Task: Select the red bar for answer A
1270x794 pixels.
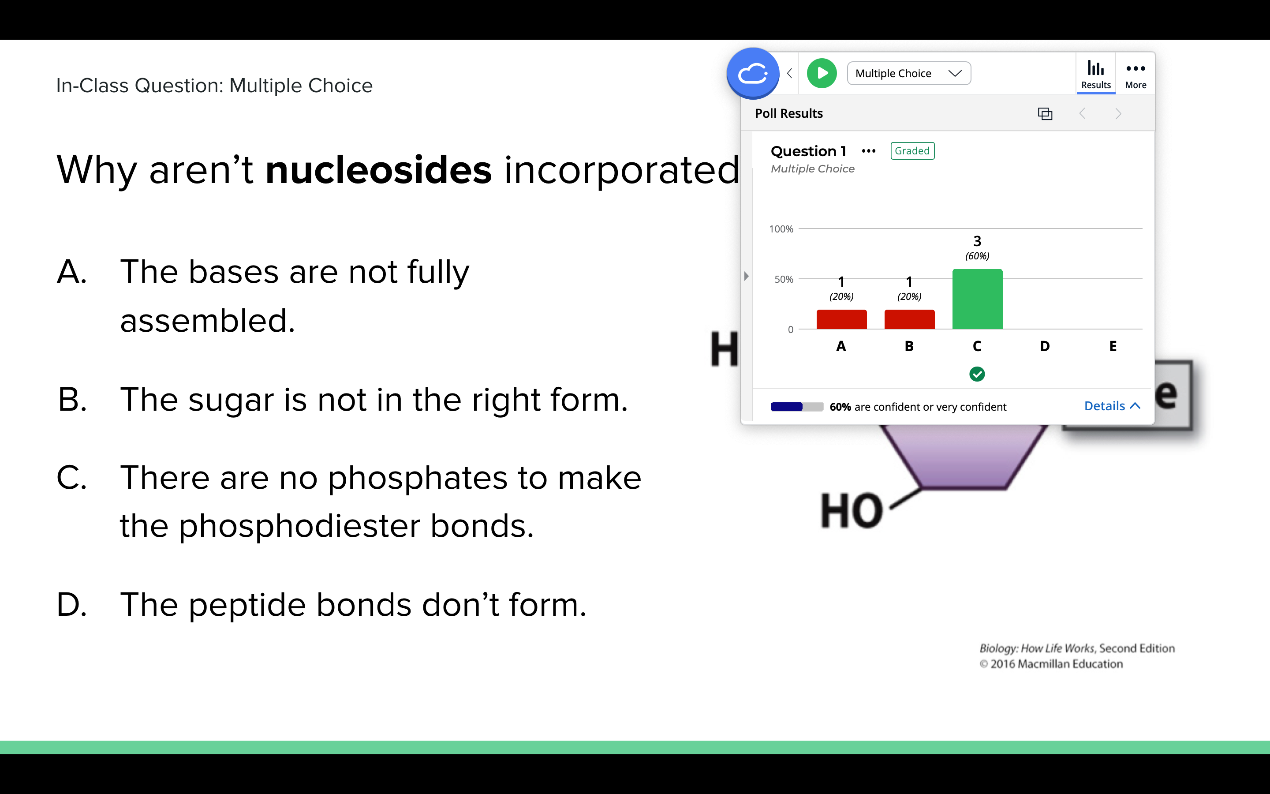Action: (x=841, y=319)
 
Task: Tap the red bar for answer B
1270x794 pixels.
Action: (x=909, y=319)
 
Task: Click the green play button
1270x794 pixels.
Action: (x=822, y=73)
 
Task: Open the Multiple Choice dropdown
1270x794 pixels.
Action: (x=909, y=73)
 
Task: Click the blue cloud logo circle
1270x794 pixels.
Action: (x=753, y=73)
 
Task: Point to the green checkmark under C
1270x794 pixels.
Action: (x=977, y=374)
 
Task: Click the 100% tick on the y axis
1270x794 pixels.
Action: (x=781, y=229)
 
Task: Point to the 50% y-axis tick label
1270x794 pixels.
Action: (x=784, y=279)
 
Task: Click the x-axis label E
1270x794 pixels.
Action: (x=1113, y=346)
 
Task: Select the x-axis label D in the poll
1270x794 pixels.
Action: (x=1045, y=346)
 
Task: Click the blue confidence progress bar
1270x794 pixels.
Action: (x=786, y=406)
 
